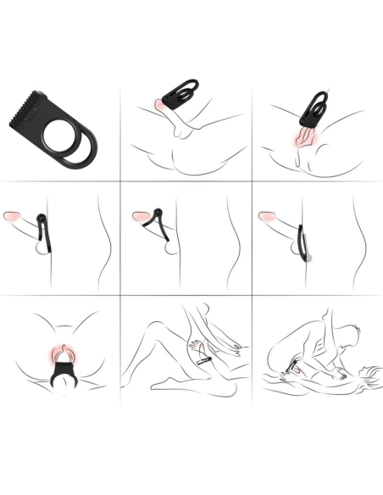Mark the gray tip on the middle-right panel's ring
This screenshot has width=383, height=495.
[x=311, y=255]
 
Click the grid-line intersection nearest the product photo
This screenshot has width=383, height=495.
[x=119, y=181]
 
